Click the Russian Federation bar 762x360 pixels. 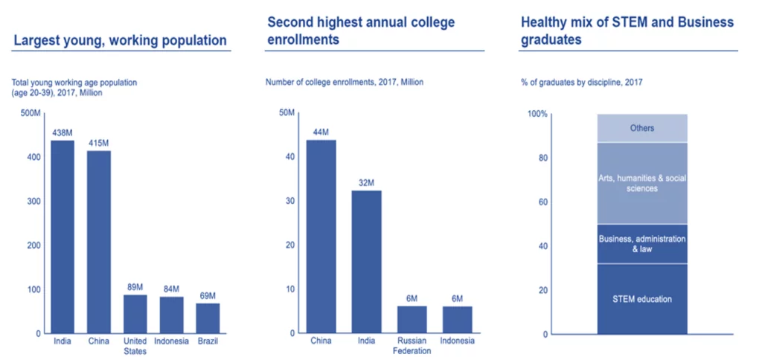point(412,319)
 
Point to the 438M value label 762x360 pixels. point(62,133)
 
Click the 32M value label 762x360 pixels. point(366,183)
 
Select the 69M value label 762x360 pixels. point(208,296)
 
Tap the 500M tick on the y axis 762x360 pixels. point(31,113)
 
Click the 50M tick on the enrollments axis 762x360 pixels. point(287,113)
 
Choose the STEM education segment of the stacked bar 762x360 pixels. point(641,299)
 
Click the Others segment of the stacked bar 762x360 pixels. point(641,128)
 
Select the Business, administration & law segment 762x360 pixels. point(641,244)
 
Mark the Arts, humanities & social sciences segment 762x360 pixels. point(641,183)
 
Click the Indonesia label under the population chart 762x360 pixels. point(171,342)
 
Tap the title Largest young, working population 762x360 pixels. point(120,41)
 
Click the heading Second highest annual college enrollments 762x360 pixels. point(361,31)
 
